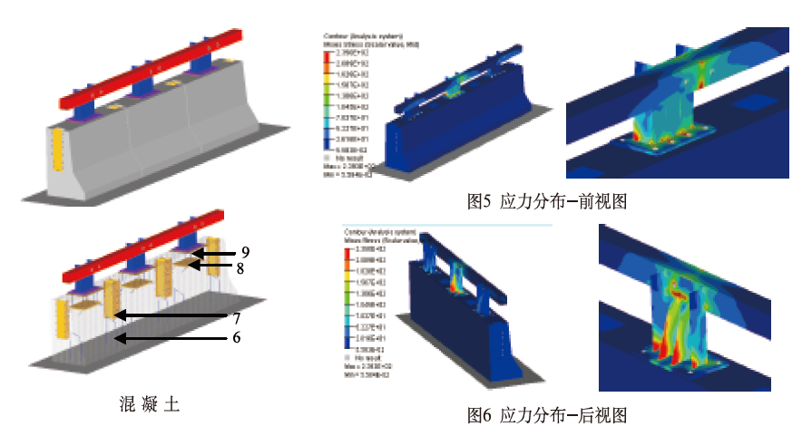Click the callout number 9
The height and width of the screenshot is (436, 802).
click(245, 252)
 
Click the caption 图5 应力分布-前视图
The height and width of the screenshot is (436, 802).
click(546, 202)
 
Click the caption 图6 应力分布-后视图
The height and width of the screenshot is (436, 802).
click(546, 416)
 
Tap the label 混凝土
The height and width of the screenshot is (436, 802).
click(149, 404)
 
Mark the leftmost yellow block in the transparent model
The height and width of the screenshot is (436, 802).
click(63, 321)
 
